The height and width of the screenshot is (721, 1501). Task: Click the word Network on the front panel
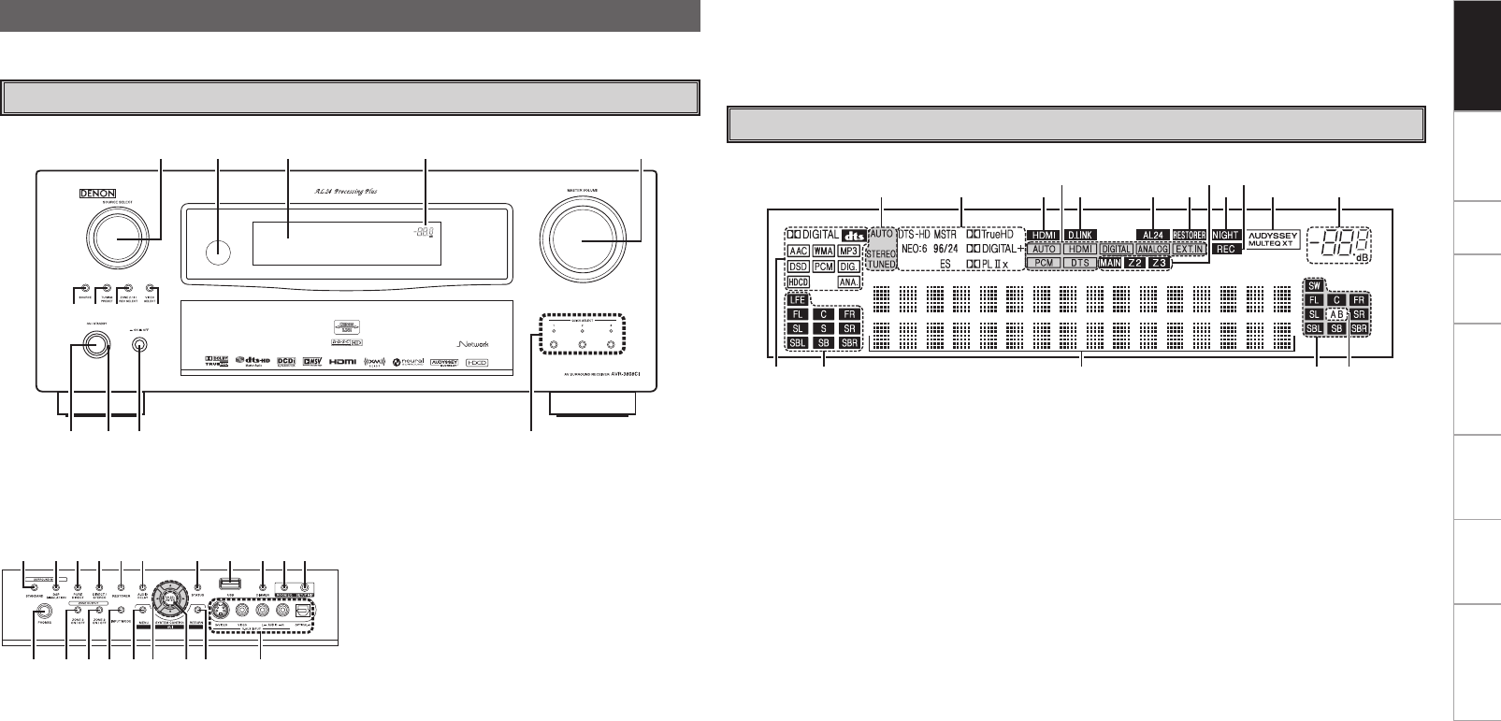point(481,342)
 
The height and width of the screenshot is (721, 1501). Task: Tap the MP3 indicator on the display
point(848,251)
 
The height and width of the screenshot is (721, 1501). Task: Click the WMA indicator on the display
point(824,251)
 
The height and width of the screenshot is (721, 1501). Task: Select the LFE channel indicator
point(797,300)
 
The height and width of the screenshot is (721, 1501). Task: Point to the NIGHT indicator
point(1225,234)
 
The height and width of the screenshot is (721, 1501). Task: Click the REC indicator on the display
point(1225,250)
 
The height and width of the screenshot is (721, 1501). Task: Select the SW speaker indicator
point(1314,285)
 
